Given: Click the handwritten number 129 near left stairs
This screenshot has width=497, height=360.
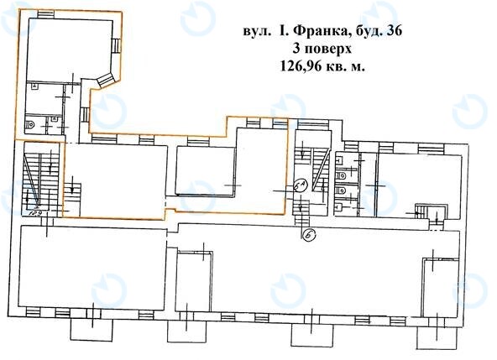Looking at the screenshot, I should (34, 213).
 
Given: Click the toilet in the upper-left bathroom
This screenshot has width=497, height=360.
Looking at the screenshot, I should (31, 123).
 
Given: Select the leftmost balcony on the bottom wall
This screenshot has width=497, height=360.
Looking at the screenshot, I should (84, 323).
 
